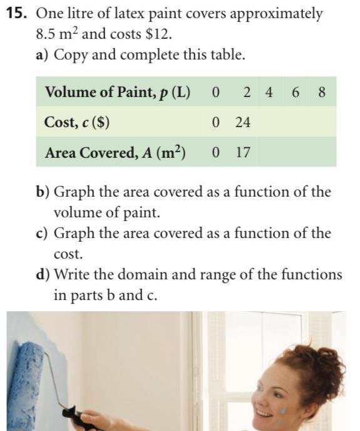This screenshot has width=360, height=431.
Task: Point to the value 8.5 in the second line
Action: [46, 34]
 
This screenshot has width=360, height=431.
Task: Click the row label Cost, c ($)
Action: [77, 123]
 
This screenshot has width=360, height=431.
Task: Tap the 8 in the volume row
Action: [322, 93]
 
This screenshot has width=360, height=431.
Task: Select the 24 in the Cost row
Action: [243, 123]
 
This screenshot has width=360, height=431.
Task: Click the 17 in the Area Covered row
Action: [243, 153]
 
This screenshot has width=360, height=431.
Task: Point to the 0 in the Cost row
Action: [216, 123]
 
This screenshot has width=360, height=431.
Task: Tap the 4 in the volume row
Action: [269, 93]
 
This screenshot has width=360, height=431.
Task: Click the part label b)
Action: [43, 192]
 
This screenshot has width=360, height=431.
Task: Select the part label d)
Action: [43, 275]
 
